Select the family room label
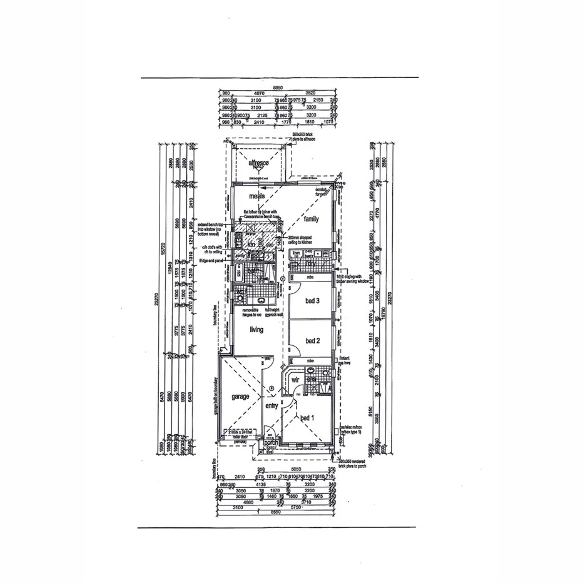coord(311,219)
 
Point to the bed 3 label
coord(313,302)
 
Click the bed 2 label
coord(313,340)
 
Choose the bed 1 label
coord(307,418)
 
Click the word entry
coord(271,406)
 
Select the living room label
coord(256,330)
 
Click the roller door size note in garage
coord(240,435)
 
